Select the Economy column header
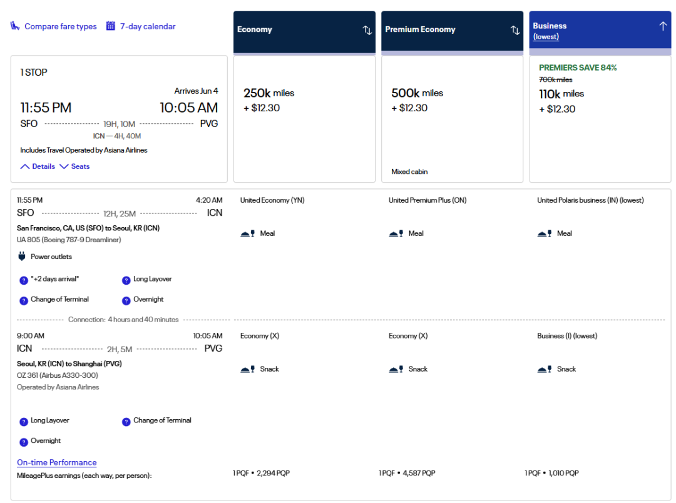(x=304, y=29)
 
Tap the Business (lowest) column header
(x=600, y=30)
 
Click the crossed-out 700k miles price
(x=555, y=79)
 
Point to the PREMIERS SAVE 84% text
(x=578, y=68)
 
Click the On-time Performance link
(x=57, y=462)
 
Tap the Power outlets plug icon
(x=22, y=257)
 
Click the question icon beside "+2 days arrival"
(x=24, y=280)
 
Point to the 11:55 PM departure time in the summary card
(x=46, y=108)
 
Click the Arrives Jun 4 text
(x=196, y=91)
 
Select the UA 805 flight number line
(x=69, y=240)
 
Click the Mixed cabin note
(x=409, y=171)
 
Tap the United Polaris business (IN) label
(x=590, y=200)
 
